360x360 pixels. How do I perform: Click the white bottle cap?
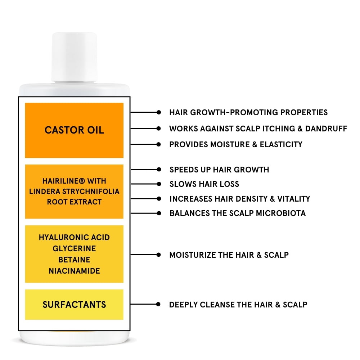coord(74,57)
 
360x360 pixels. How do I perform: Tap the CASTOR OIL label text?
coord(74,130)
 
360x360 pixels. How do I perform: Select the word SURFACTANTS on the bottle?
coord(74,304)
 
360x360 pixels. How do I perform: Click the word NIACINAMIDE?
coord(74,271)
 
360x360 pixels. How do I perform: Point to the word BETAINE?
coord(74,260)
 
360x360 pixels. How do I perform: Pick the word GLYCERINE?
coord(74,248)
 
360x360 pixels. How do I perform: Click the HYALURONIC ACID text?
coord(74,237)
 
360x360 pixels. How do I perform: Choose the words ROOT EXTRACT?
coord(74,202)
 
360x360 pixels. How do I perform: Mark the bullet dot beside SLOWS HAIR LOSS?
coord(159,184)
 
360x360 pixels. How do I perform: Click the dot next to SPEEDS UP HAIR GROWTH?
coord(159,169)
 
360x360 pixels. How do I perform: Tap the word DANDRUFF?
coord(326,129)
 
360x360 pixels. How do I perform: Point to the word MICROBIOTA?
coord(281,213)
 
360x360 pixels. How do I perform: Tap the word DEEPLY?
coord(183,305)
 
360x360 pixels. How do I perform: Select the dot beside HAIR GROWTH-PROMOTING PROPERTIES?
coord(159,112)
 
